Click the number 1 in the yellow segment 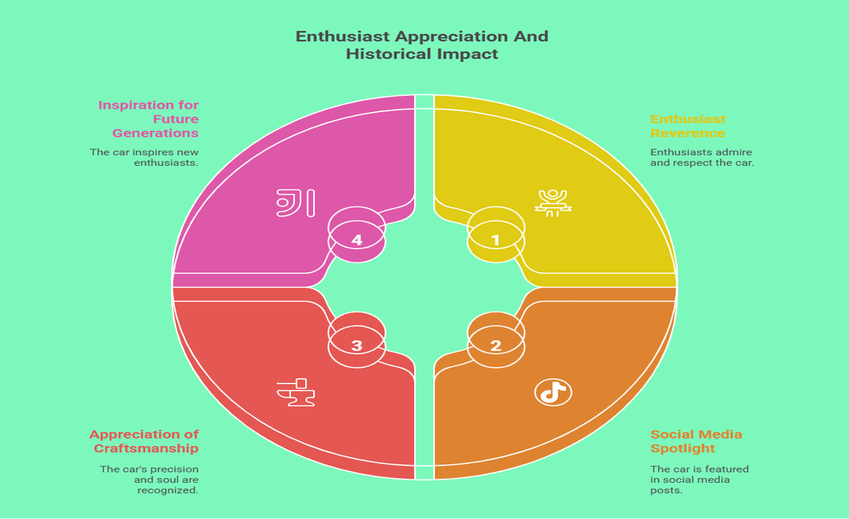click(495, 240)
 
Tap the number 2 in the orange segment click(495, 346)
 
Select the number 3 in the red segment click(356, 346)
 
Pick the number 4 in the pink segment click(356, 240)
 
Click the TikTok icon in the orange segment click(553, 391)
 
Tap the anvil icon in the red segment click(296, 392)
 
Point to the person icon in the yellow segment click(553, 203)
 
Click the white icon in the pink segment click(296, 203)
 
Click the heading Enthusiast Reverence click(688, 125)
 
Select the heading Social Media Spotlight click(696, 441)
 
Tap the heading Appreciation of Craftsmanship click(144, 441)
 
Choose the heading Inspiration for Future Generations click(148, 119)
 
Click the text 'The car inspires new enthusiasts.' click(144, 157)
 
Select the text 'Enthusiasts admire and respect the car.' click(702, 157)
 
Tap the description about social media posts click(699, 479)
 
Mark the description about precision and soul click(150, 479)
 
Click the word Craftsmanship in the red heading click(146, 448)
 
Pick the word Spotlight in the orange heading click(682, 448)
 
